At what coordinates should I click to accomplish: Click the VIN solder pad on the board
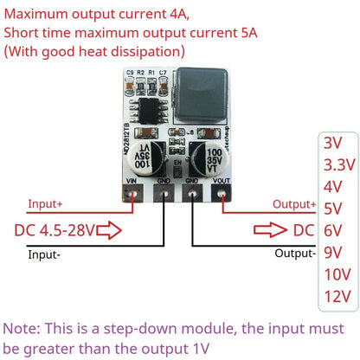(133, 193)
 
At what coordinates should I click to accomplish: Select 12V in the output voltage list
(336, 297)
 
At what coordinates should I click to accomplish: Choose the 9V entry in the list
(333, 252)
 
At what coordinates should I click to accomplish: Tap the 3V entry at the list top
(332, 141)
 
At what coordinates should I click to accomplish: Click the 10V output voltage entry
(336, 274)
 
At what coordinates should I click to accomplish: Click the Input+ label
(46, 205)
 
